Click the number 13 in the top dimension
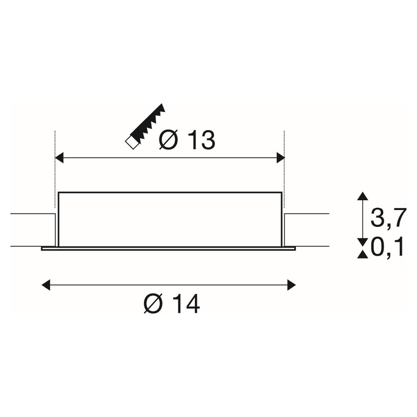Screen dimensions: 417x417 click(201, 140)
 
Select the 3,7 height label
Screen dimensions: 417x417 click(389, 218)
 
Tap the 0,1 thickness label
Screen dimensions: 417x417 click(387, 247)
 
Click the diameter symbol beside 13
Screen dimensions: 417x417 click(168, 140)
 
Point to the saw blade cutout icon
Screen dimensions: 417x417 click(145, 127)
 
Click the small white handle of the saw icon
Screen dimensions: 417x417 click(132, 143)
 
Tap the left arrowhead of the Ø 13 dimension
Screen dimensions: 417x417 click(59, 158)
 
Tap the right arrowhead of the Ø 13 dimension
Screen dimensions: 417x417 click(281, 158)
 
